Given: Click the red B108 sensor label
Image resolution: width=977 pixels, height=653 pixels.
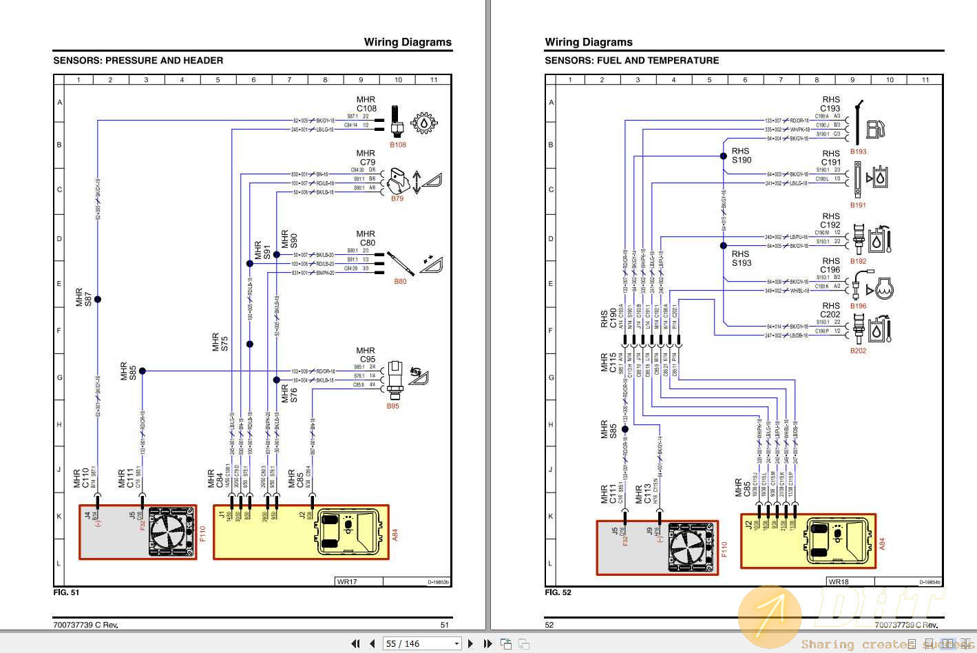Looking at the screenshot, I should [x=398, y=145].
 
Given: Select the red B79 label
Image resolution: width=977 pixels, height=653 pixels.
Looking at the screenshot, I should [x=397, y=198].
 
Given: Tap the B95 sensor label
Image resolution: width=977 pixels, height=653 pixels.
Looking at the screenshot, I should [x=392, y=406].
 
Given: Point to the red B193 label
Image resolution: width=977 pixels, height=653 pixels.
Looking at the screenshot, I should [x=858, y=152].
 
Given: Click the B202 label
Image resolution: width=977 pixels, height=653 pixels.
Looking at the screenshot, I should [x=858, y=351].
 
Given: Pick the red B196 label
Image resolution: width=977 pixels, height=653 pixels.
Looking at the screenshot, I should [x=858, y=306].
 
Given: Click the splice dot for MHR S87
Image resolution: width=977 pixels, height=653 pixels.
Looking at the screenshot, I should [x=98, y=299].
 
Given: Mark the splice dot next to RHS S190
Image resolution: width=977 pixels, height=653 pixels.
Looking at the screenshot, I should [x=724, y=156].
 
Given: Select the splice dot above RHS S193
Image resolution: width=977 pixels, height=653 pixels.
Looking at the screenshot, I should [x=724, y=245].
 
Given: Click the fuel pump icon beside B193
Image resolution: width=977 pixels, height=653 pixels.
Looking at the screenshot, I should [x=875, y=128].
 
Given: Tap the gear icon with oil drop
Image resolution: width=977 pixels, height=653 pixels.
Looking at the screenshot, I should [x=423, y=123].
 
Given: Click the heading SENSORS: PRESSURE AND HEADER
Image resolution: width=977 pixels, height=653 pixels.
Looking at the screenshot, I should [x=138, y=61].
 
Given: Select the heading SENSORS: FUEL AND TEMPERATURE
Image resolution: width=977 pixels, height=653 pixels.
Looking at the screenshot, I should [x=631, y=61].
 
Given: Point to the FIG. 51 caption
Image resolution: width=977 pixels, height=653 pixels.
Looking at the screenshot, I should [x=66, y=592].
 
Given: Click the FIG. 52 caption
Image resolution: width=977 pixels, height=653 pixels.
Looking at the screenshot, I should [x=558, y=592].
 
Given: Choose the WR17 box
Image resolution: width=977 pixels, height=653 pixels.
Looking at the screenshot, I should [x=347, y=582].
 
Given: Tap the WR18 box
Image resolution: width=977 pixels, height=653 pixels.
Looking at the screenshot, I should [x=839, y=582].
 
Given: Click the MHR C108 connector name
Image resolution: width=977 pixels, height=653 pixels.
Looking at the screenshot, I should [x=366, y=104].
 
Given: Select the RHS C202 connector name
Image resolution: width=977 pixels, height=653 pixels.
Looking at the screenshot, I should [x=830, y=310].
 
